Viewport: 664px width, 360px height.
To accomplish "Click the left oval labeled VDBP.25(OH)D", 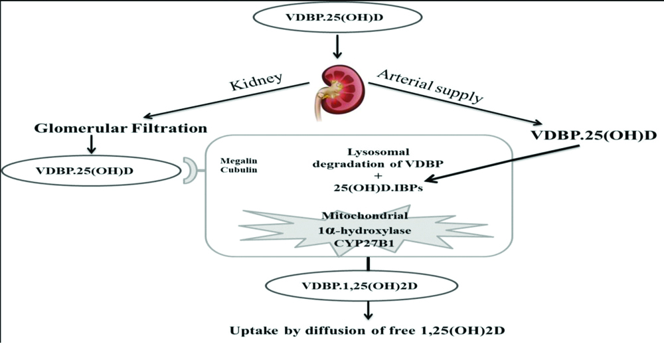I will [92, 171].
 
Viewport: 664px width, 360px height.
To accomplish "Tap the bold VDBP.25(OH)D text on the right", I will [593, 135].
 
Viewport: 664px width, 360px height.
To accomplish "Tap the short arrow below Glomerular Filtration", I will [92, 145].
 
